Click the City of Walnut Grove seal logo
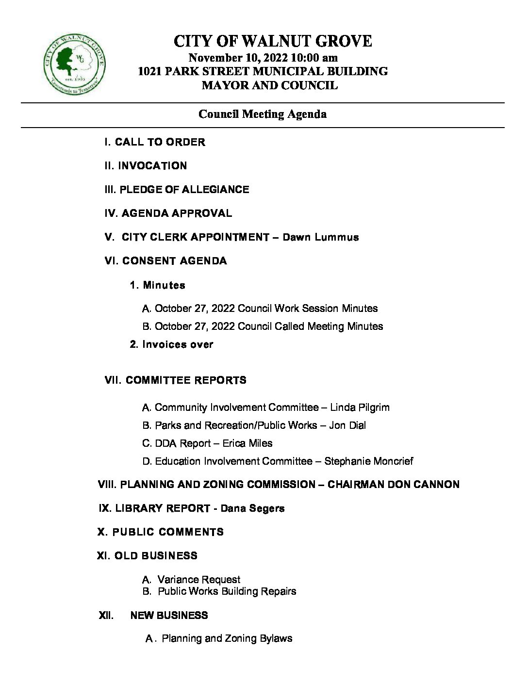75,65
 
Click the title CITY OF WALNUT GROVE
273,41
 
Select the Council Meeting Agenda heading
262,114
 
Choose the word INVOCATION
152,166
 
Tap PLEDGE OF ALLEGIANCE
184,190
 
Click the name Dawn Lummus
320,237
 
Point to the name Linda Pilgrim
360,407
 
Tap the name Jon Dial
347,425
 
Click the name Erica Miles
247,443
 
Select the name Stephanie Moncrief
368,461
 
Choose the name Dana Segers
252,508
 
